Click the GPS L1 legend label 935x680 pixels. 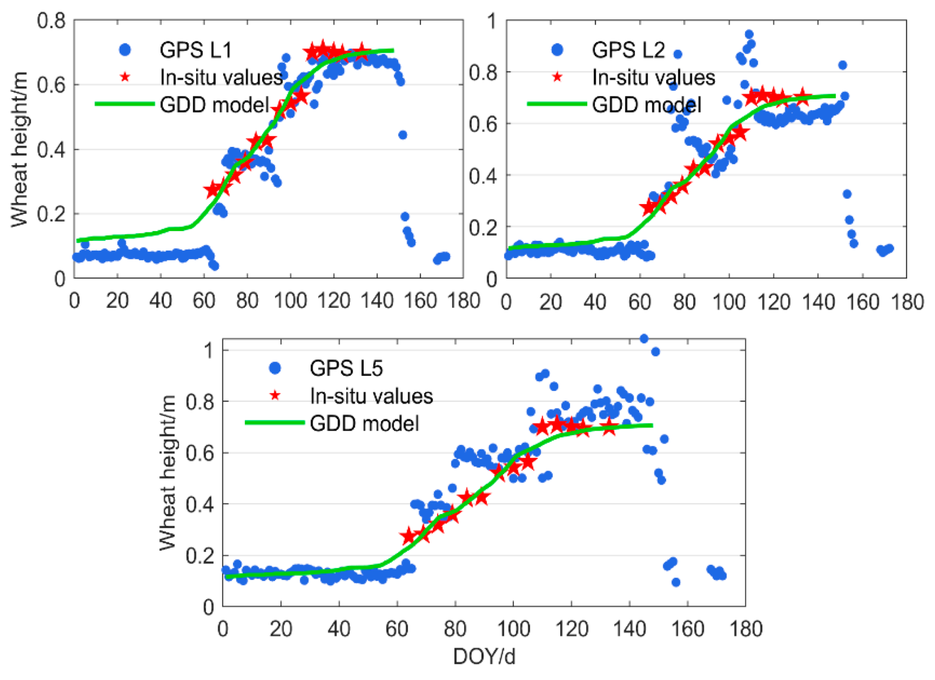(196, 50)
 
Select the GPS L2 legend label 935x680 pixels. (628, 50)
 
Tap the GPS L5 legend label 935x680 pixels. (346, 368)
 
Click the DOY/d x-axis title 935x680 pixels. (484, 656)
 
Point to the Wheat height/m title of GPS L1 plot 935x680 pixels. (19, 149)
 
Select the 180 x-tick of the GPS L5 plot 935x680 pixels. (745, 629)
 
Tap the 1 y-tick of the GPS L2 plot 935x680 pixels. (491, 21)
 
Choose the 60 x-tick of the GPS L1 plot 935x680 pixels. (204, 301)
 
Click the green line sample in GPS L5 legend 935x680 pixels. (275, 422)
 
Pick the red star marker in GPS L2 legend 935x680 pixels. (557, 77)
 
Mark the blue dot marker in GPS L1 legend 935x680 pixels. (125, 50)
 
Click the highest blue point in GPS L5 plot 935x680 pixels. (643, 339)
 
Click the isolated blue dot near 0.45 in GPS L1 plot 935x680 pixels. (402, 135)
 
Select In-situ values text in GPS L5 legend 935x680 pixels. (371, 396)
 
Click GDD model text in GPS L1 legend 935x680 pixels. (214, 105)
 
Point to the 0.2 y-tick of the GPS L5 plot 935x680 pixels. (199, 555)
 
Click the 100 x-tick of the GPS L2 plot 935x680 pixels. (729, 302)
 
